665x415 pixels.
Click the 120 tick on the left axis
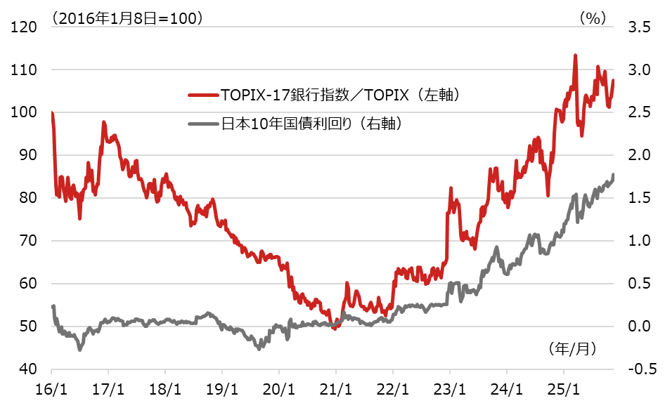point(24,27)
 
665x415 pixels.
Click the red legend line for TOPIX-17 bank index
point(203,95)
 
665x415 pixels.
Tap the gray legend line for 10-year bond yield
point(203,124)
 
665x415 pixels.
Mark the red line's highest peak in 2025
point(576,55)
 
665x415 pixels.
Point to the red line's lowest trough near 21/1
point(335,328)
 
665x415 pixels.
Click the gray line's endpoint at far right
point(614,174)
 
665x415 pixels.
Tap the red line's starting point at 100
point(52,112)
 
